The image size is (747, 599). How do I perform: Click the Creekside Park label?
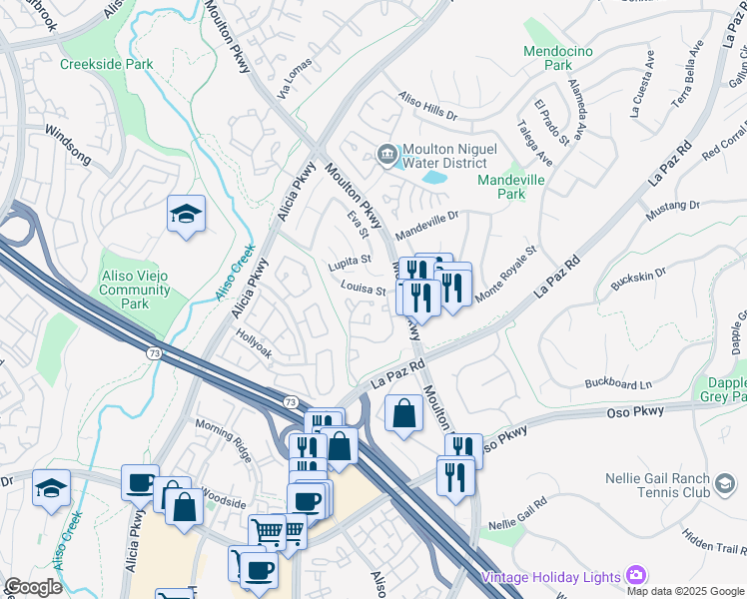(106, 64)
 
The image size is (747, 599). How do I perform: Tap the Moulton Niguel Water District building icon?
(386, 154)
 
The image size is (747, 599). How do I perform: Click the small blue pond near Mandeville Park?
(434, 178)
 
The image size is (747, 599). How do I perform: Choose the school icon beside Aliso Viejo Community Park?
(186, 216)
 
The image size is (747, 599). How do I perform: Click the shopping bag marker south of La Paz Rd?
(402, 413)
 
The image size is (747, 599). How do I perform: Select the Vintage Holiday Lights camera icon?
(635, 576)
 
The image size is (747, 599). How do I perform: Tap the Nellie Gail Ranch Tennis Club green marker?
(723, 485)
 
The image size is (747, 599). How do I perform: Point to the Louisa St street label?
(363, 291)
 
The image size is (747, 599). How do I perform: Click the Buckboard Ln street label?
(617, 383)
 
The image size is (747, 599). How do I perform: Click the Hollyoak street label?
(254, 343)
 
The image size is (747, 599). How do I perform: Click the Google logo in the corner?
(33, 587)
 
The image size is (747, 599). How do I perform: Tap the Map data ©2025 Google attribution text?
(684, 591)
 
